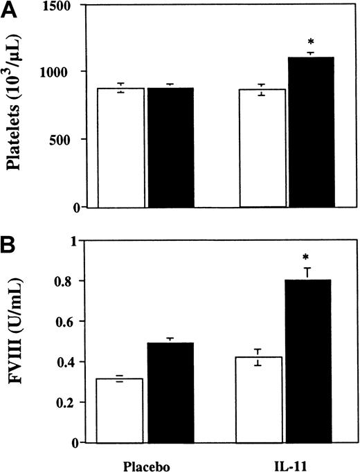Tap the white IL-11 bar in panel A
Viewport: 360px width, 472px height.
[x=262, y=148]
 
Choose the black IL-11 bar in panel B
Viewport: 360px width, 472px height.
[x=312, y=361]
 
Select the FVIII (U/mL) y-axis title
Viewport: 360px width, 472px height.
[x=19, y=343]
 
